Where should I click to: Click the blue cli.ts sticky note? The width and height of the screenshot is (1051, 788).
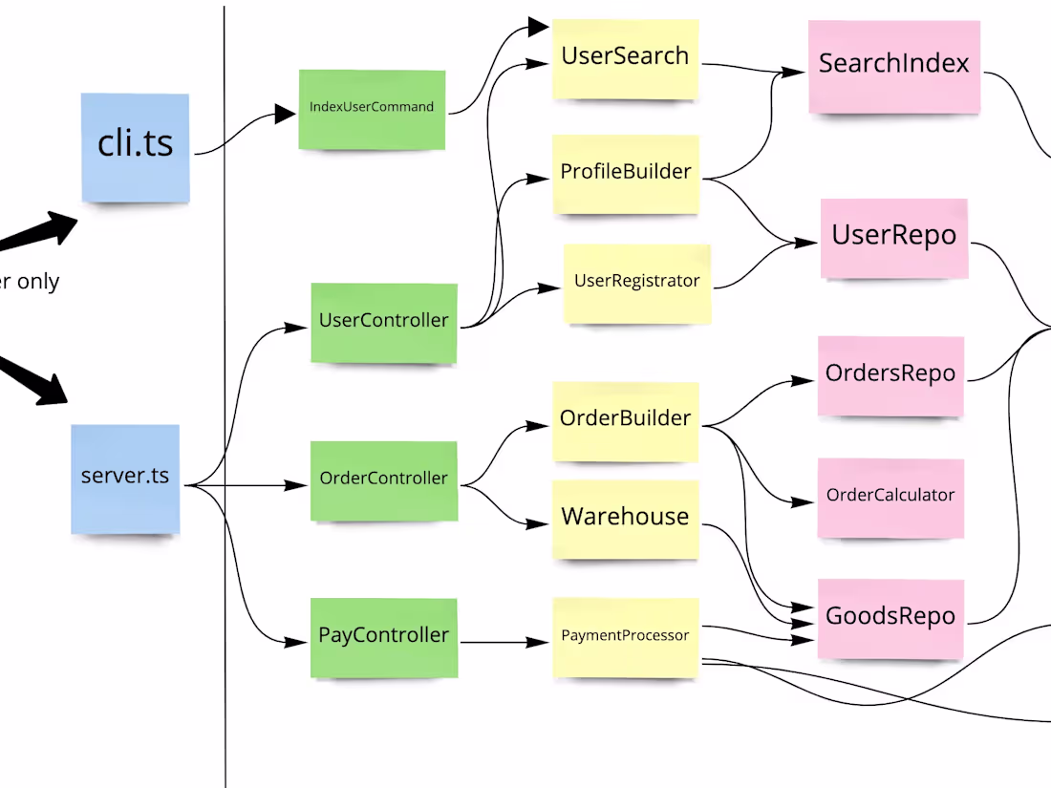pos(135,146)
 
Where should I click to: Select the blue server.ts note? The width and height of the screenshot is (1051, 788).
pos(125,478)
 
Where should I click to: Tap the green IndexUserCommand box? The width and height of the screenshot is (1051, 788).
pos(372,109)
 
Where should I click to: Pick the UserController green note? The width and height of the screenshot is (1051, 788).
pos(383,322)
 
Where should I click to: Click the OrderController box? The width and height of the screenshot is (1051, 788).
pos(383,479)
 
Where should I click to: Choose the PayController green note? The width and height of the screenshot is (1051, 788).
pos(383,636)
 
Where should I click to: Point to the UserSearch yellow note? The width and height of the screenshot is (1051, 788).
pos(625,57)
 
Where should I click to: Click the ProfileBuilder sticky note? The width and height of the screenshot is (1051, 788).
pos(626,173)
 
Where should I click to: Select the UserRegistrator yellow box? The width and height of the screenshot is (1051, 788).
pos(636,283)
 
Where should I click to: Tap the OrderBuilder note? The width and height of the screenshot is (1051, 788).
pos(625,420)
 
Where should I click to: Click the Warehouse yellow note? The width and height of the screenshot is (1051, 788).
pos(625,519)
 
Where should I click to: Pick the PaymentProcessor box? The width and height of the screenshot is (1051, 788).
pos(625,637)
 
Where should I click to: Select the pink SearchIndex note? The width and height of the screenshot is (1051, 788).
pos(893,65)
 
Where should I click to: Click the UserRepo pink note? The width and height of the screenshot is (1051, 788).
pos(893,237)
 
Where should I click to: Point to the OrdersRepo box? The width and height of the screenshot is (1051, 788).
pos(890,375)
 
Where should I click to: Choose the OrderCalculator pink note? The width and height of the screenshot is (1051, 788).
pos(890,497)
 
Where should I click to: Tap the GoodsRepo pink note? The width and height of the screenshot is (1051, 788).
pos(890,618)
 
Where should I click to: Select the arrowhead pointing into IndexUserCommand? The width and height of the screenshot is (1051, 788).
pos(285,115)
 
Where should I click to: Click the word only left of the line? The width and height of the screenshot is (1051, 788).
pos(38,282)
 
